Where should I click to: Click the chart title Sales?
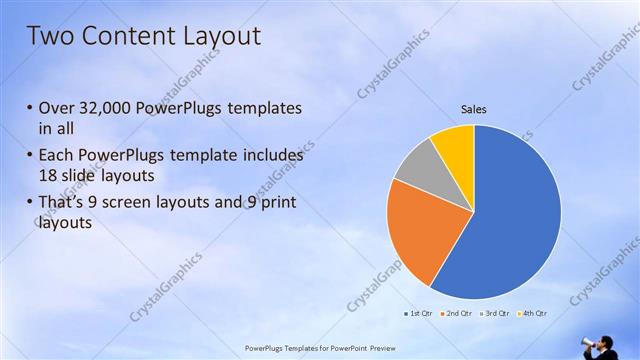[x=473, y=109]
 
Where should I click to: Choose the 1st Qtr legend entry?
[x=415, y=313]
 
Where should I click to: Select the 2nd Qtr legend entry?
[x=455, y=313]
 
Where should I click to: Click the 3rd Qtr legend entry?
[x=494, y=313]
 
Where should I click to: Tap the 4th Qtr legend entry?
[x=532, y=313]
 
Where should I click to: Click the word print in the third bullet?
[x=275, y=203]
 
